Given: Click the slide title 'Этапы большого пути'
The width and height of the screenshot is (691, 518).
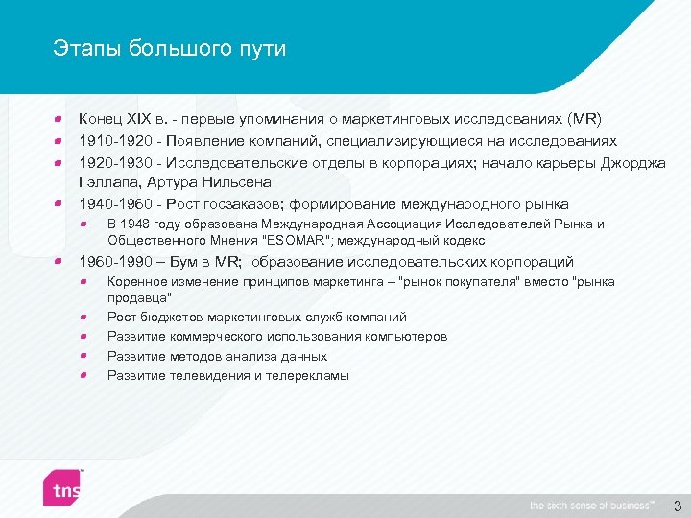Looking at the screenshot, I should pos(170,49).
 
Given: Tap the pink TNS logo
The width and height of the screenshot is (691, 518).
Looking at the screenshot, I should pos(65,488).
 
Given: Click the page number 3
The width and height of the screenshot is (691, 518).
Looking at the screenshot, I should pos(676,505).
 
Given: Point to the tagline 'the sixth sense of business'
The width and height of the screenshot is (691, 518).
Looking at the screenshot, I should pos(591,506).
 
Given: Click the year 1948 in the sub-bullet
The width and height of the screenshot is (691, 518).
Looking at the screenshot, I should pos(137,224).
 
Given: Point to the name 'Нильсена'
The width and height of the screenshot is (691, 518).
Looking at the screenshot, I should pos(237,182).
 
